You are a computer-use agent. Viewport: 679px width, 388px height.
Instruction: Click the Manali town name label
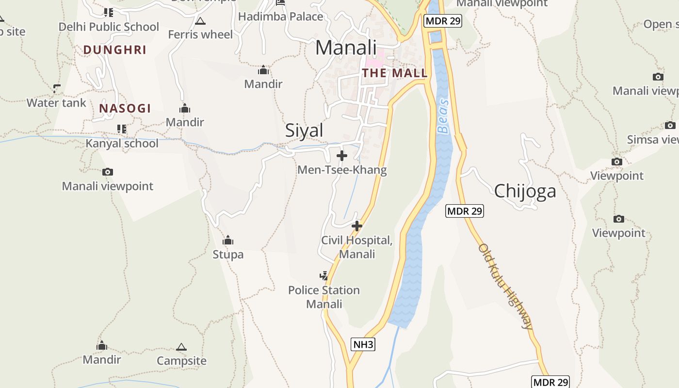(346, 48)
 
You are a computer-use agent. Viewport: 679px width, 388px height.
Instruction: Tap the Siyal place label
(304, 130)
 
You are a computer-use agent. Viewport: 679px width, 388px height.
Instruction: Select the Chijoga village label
(525, 191)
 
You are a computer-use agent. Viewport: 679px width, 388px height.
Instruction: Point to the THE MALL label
(394, 73)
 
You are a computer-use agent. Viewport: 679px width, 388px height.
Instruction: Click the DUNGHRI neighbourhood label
(114, 50)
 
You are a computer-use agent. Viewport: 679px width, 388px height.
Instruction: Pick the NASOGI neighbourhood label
(125, 109)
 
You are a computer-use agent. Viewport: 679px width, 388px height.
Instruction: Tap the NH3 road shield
(363, 344)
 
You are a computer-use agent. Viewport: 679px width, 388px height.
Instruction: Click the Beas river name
(443, 116)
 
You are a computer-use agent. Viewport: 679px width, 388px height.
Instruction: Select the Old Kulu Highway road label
(505, 287)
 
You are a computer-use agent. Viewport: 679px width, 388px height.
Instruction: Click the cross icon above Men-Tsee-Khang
(342, 156)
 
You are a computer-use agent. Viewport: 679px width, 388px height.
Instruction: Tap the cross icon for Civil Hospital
(357, 226)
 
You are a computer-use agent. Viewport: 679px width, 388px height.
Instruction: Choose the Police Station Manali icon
(323, 276)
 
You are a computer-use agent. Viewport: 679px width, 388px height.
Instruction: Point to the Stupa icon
(228, 240)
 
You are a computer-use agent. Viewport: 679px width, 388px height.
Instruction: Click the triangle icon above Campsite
(181, 347)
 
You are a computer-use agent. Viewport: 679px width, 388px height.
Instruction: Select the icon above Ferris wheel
(200, 21)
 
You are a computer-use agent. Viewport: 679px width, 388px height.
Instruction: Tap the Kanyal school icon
(122, 129)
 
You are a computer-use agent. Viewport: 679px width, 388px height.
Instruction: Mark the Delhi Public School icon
(109, 12)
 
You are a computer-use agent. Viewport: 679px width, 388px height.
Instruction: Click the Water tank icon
(57, 88)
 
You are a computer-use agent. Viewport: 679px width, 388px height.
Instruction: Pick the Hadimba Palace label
(280, 16)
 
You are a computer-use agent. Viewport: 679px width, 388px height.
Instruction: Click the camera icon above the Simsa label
(670, 125)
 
